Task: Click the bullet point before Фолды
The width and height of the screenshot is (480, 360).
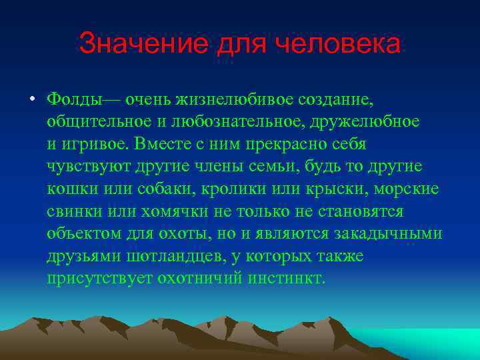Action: pos(31,100)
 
